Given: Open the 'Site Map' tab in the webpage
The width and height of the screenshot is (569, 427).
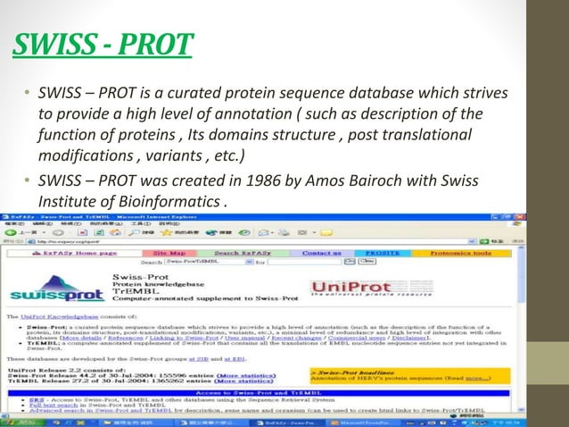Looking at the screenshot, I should click(x=169, y=253).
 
